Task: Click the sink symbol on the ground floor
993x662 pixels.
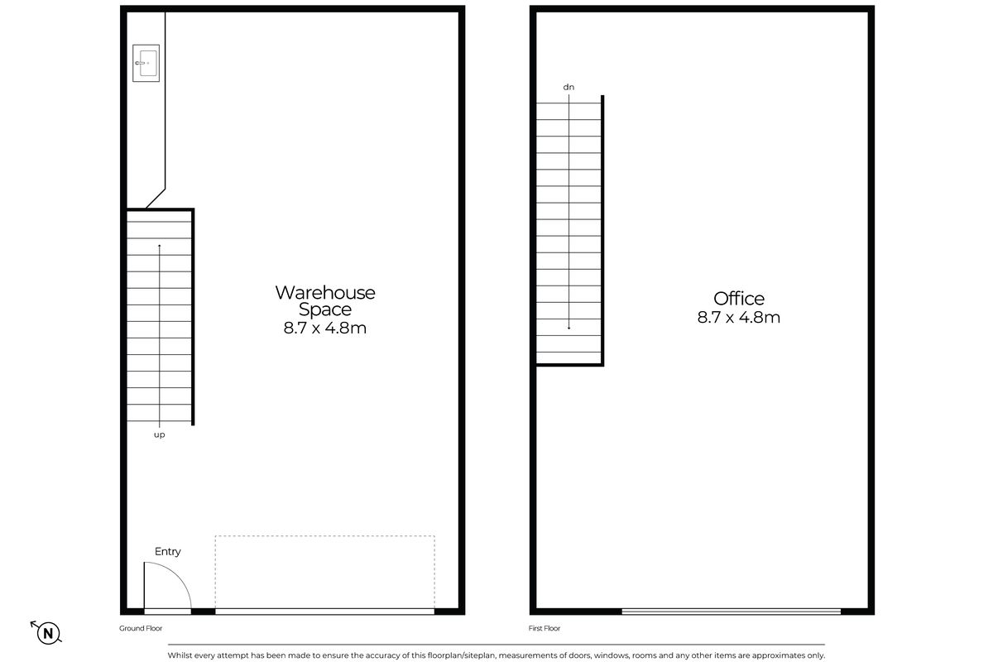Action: tap(146, 63)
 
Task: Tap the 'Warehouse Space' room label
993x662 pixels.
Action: tap(325, 300)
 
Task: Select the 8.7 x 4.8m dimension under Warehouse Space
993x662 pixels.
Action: tap(325, 329)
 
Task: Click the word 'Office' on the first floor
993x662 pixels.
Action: tap(738, 299)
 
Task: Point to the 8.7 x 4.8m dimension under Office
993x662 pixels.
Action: tap(738, 318)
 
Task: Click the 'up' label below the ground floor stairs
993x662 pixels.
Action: tap(159, 435)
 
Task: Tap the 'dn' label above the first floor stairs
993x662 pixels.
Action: tap(568, 88)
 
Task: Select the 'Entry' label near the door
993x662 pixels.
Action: tap(167, 551)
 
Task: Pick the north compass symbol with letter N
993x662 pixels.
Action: tap(47, 633)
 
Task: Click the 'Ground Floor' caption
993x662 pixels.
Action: tap(141, 628)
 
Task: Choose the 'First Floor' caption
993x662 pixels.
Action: tap(544, 628)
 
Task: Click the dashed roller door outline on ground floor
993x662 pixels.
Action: tap(325, 536)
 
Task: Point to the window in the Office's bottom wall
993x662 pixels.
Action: tap(731, 612)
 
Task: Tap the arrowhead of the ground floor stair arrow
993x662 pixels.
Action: tap(159, 245)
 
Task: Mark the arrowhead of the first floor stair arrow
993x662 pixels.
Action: tap(568, 329)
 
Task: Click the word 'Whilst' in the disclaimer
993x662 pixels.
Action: tap(179, 655)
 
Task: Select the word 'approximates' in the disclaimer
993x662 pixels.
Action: tap(777, 655)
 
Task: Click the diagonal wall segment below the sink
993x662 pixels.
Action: tap(156, 199)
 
